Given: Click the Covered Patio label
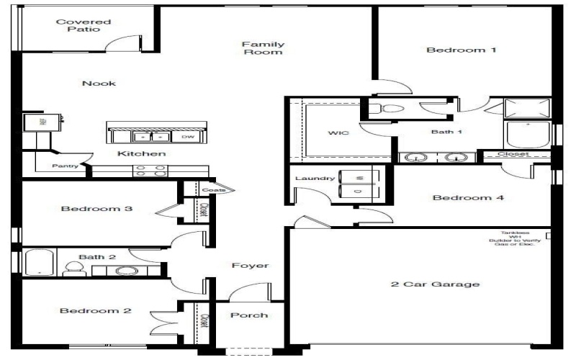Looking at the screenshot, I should [84, 26].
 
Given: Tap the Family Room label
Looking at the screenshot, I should [262, 48].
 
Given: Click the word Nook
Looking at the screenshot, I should [99, 84].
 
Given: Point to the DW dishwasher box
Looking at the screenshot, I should [188, 137].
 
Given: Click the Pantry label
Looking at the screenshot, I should [65, 166].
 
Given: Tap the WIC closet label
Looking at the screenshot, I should [338, 133].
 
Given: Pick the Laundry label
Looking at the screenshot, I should [315, 178].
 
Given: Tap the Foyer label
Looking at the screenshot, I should [250, 266].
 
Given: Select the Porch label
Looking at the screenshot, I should [249, 315].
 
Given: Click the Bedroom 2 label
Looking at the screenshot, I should [95, 311].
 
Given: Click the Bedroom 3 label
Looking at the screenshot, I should [96, 210].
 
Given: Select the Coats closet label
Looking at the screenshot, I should [208, 191].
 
